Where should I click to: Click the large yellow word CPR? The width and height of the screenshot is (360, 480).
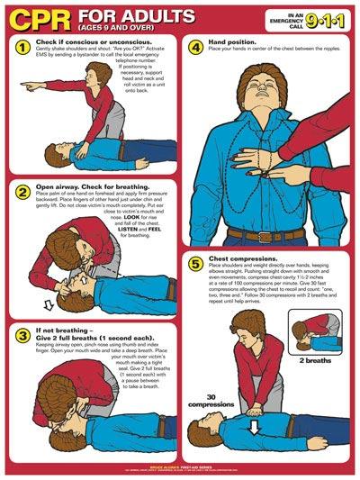pos(41,18)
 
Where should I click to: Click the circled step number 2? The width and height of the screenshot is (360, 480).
pos(22,190)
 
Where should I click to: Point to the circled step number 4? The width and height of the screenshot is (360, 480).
pos(195,47)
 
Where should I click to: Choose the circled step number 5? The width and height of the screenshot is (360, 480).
pos(195,264)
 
